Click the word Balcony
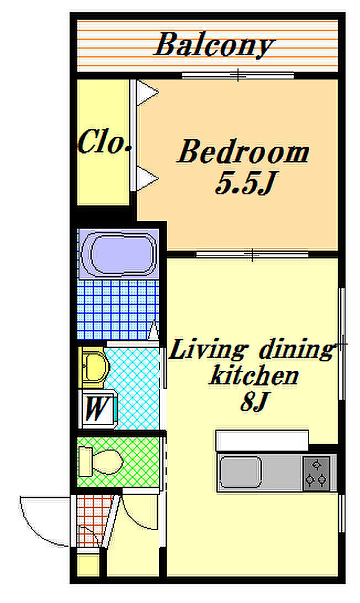point(214,45)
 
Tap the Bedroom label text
point(243,152)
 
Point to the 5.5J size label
point(246,183)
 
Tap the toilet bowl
point(101,462)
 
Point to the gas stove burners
point(316,473)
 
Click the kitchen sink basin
point(241,472)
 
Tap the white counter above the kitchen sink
point(262,440)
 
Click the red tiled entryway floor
point(92,520)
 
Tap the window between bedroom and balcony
point(238,75)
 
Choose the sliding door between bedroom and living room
point(252,254)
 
